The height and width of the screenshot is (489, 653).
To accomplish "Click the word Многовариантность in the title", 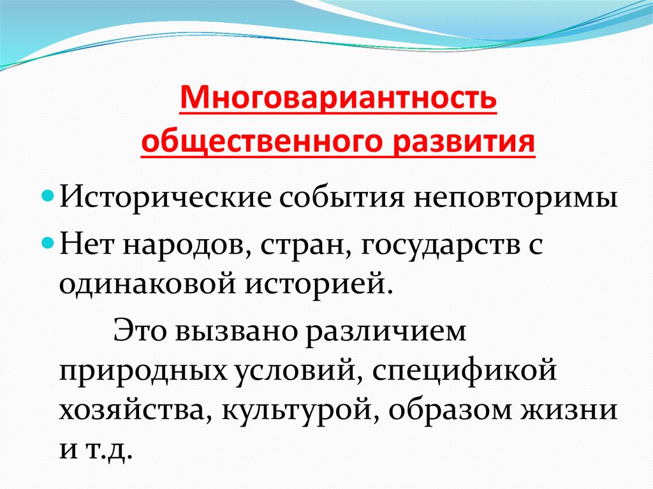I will (338, 99).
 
